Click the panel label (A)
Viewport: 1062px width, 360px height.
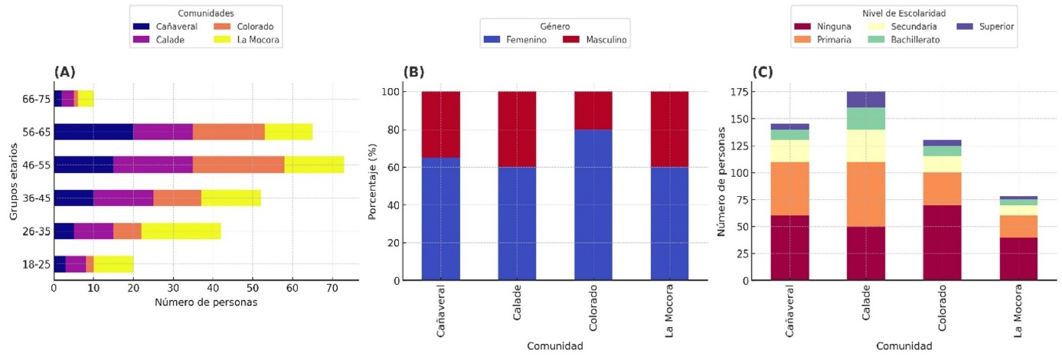click(64, 72)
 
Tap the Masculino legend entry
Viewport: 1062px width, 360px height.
click(596, 39)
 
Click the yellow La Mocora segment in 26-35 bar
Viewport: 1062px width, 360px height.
click(181, 231)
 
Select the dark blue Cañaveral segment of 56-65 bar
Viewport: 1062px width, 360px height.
click(93, 132)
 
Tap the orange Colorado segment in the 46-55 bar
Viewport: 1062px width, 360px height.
click(233, 165)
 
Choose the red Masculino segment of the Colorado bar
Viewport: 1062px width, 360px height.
click(593, 111)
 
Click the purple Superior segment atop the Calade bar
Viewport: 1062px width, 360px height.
click(866, 100)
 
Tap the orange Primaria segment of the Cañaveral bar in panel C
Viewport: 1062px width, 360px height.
click(790, 188)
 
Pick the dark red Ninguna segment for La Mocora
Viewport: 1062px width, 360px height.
click(1018, 259)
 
